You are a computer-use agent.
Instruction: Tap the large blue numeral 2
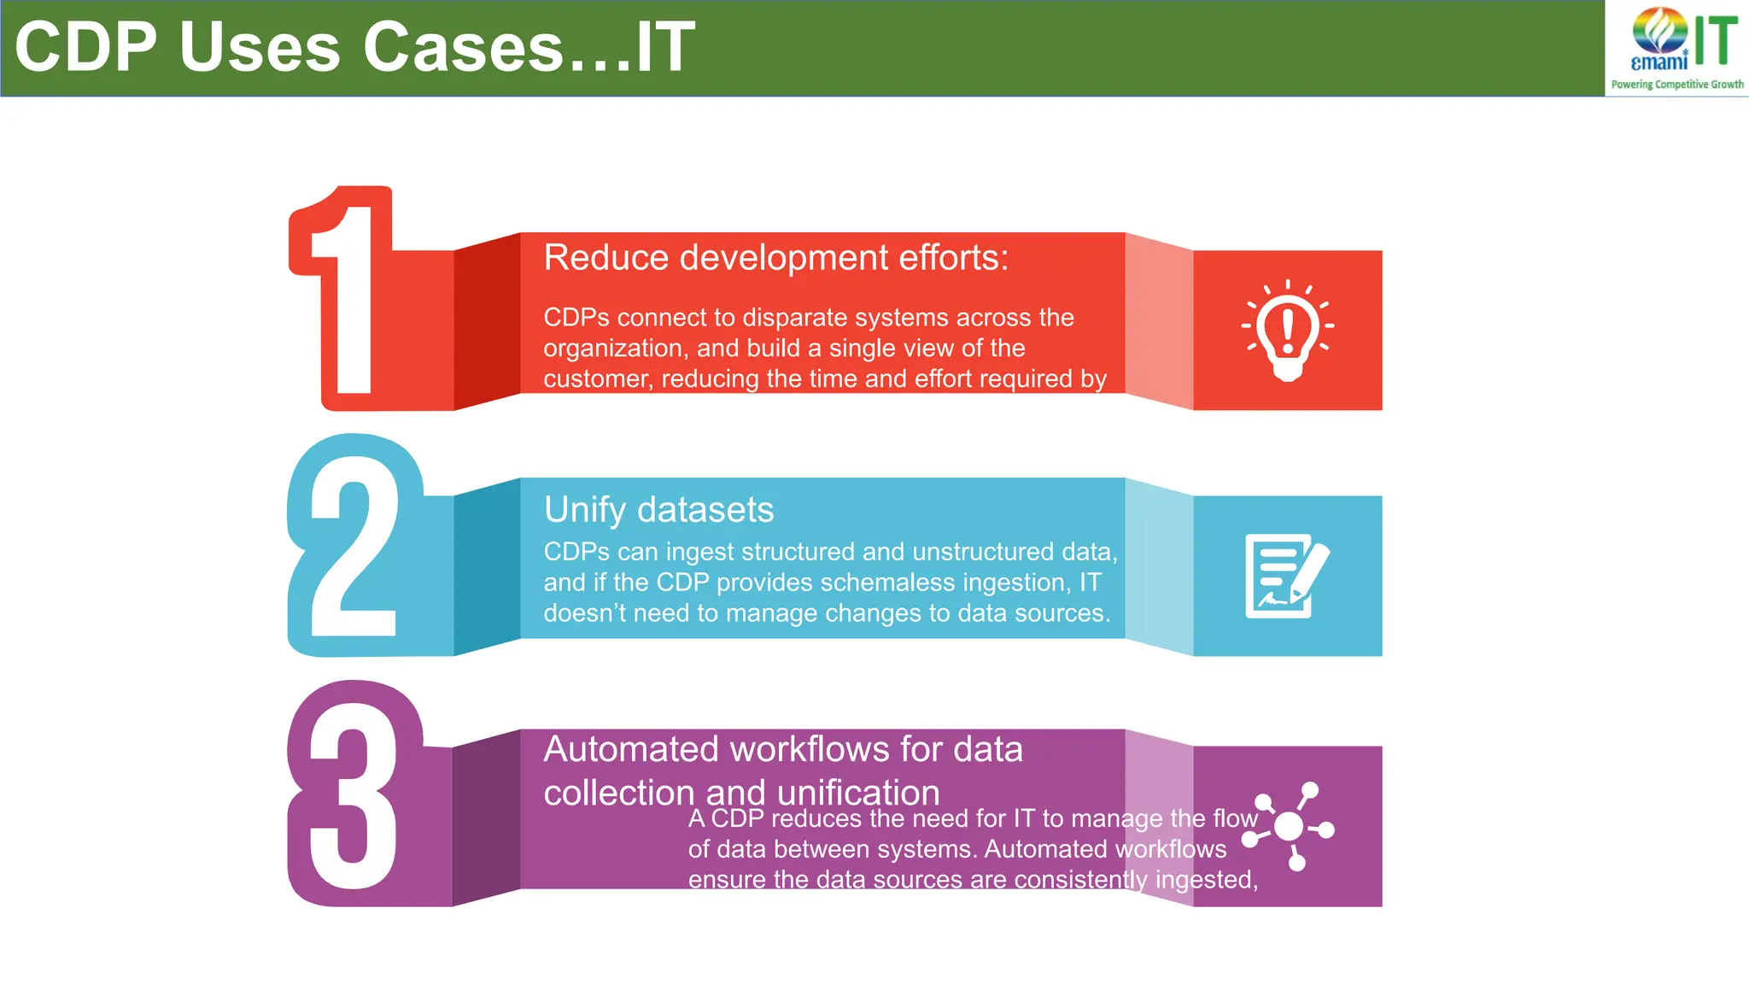pos(352,547)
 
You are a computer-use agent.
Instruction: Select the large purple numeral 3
pos(352,794)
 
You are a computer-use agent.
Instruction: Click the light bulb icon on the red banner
pos(1287,331)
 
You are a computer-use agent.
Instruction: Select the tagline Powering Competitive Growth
pos(1676,85)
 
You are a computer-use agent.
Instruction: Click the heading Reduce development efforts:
pos(775,258)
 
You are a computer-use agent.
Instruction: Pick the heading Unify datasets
pos(658,510)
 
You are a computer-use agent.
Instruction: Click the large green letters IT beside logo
pos(1715,41)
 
